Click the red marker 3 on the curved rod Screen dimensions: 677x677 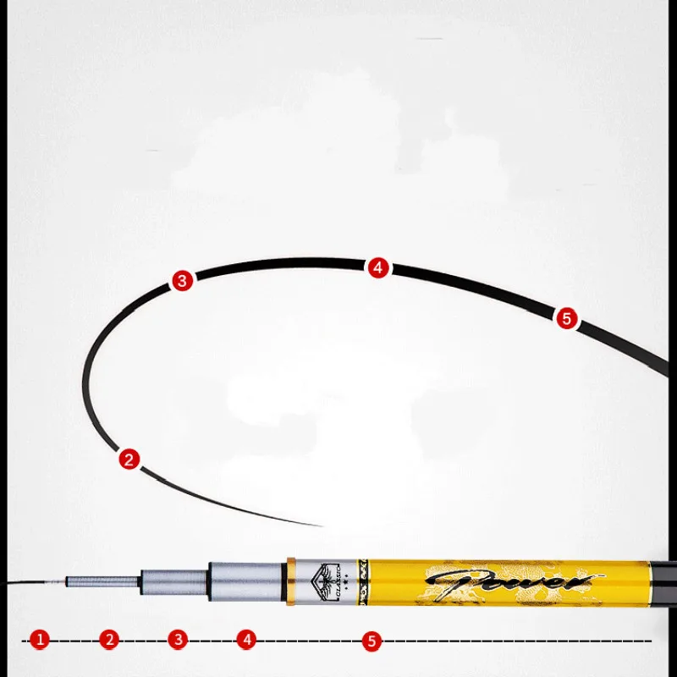pyautogui.click(x=182, y=281)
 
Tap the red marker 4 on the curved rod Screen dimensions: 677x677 pyautogui.click(x=377, y=268)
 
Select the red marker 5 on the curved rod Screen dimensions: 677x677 pyautogui.click(x=566, y=318)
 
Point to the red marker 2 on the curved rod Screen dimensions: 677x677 pyautogui.click(x=129, y=460)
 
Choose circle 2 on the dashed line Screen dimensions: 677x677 pyautogui.click(x=108, y=640)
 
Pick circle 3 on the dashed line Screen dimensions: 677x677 pyautogui.click(x=177, y=640)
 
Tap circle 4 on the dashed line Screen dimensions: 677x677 pyautogui.click(x=246, y=640)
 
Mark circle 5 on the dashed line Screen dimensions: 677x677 pyautogui.click(x=372, y=641)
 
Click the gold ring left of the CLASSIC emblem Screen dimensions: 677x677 pyautogui.click(x=290, y=583)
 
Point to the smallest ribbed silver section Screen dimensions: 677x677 pyautogui.click(x=85, y=582)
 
